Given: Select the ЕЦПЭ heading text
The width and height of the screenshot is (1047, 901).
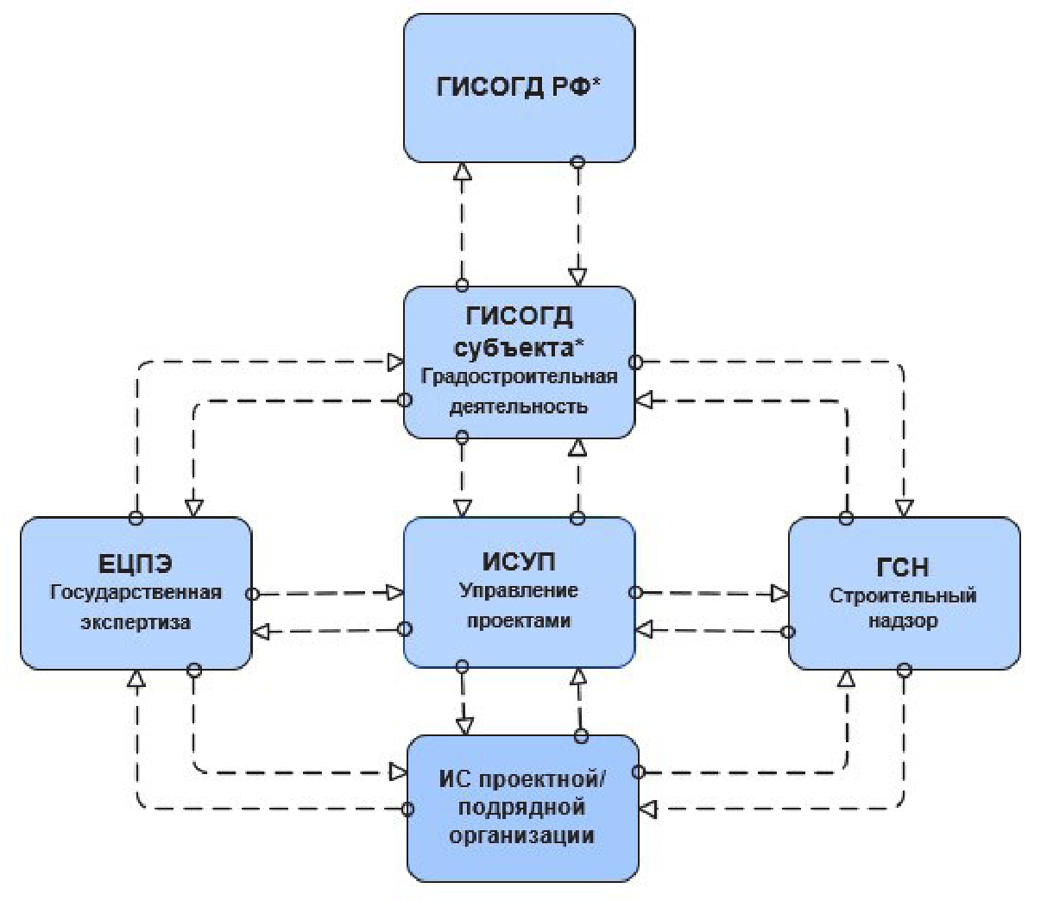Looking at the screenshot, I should [x=136, y=564].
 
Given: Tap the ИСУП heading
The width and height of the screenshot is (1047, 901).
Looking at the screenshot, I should [x=519, y=561].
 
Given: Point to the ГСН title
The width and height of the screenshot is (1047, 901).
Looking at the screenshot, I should [x=903, y=567].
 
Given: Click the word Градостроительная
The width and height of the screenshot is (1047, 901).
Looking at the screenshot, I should [x=519, y=377].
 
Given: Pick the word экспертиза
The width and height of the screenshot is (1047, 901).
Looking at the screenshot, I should [x=136, y=622].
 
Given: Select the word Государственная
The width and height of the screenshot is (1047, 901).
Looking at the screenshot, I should [x=136, y=593].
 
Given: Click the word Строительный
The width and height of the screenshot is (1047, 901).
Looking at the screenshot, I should [x=903, y=595].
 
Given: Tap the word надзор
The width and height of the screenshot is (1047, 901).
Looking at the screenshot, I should [x=903, y=621].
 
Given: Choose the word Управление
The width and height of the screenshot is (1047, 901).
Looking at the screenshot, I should [x=519, y=591].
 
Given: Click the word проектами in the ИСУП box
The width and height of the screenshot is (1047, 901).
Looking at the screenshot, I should [x=519, y=621].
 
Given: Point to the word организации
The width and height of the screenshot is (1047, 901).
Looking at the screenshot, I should [x=521, y=835].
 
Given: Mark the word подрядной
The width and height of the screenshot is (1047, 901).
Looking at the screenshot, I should [x=521, y=808].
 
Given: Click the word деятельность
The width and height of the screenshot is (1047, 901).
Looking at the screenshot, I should [x=519, y=406].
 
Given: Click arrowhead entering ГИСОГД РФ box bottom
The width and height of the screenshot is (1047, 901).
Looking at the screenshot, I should [x=463, y=171].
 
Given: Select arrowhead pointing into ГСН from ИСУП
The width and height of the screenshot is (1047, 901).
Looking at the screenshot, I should [x=779, y=594].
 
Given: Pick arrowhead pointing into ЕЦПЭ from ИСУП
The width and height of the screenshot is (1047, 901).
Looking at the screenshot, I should [x=262, y=632].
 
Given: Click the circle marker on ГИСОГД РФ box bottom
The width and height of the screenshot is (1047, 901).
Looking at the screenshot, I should [x=578, y=161].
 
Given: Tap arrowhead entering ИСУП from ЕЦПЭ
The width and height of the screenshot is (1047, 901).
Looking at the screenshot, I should [x=395, y=593].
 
